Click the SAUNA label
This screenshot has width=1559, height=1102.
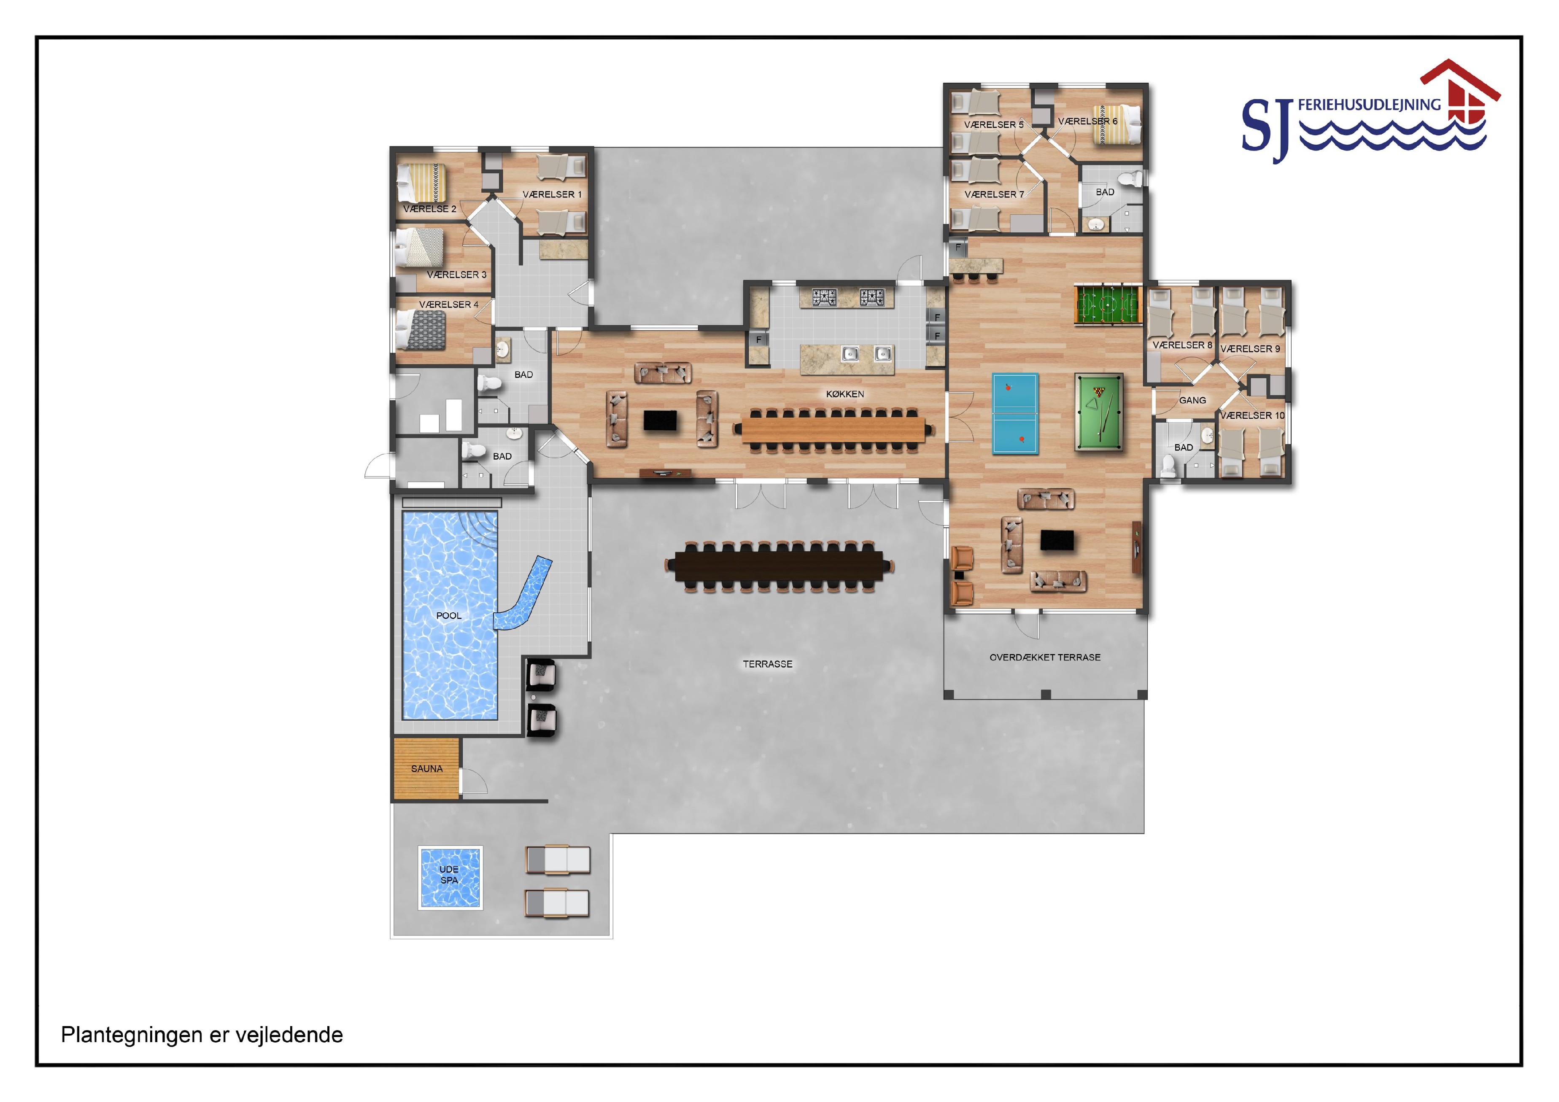(426, 768)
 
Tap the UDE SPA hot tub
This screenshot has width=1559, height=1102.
(450, 877)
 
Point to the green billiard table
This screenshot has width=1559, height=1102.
(1098, 412)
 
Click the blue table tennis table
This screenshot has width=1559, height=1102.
(1015, 413)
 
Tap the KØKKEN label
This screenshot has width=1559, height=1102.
(845, 394)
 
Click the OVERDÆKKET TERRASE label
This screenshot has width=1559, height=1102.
(1044, 657)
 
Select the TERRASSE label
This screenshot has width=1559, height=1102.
(767, 664)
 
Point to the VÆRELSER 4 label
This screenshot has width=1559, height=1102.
(448, 304)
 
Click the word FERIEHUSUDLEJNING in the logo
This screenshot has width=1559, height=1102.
(1369, 105)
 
